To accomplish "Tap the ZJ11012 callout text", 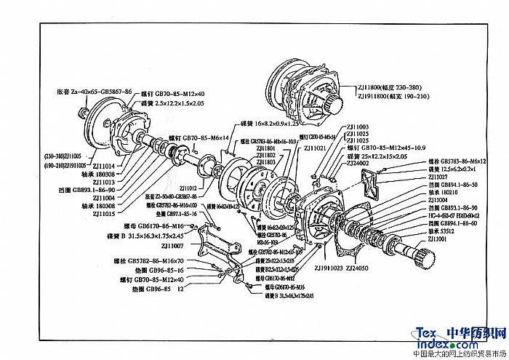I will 186,188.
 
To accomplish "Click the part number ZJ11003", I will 358,127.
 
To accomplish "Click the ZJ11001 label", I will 441,239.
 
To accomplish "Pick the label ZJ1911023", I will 326,268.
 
